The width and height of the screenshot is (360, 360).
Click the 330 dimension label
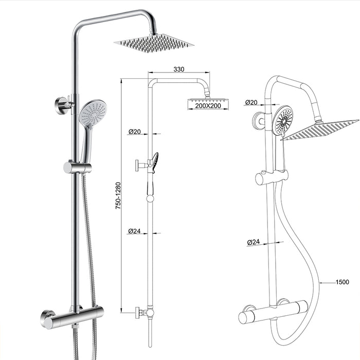pyautogui.click(x=179, y=68)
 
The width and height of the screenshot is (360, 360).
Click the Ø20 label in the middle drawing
pyautogui.click(x=134, y=132)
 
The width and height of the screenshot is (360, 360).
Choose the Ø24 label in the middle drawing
pyautogui.click(x=134, y=231)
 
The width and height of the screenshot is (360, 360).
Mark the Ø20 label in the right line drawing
pyautogui.click(x=251, y=102)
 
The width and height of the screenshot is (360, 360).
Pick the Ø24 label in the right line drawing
pyautogui.click(x=253, y=241)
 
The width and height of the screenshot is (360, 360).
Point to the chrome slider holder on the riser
pyautogui.click(x=77, y=167)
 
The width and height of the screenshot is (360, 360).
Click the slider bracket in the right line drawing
pyautogui.click(x=272, y=177)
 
